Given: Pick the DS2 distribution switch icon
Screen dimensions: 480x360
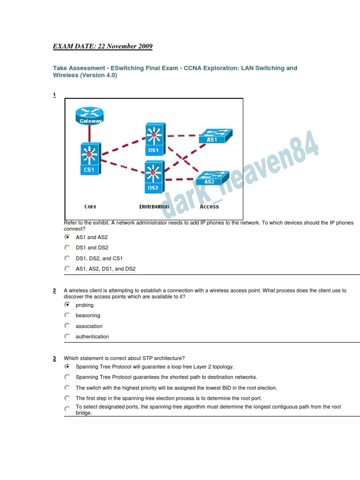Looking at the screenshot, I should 153,176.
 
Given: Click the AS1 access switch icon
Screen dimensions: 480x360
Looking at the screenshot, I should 212,135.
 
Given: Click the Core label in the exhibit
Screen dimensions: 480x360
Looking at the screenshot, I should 90,206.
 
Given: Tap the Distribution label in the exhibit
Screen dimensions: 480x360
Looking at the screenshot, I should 154,206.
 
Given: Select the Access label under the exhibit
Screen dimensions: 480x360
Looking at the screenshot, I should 209,206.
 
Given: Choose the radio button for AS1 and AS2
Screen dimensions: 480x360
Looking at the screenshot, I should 67,237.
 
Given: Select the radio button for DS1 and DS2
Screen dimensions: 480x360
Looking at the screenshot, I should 67,247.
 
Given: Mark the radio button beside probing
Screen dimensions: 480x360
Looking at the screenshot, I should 67,305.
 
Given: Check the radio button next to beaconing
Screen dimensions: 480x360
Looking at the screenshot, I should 67,315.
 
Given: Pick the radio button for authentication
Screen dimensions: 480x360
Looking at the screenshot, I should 67,336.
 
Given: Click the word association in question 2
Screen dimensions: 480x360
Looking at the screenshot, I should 89,326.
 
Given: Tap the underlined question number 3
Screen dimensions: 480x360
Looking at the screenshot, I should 54,359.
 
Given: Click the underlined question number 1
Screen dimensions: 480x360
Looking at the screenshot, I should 54,95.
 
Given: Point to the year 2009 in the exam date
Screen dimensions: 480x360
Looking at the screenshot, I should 145,46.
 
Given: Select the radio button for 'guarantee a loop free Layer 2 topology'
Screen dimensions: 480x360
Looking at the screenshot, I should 67,367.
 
